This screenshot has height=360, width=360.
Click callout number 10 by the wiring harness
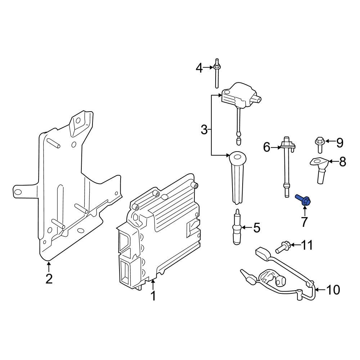(333, 289)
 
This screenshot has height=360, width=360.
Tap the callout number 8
(342, 162)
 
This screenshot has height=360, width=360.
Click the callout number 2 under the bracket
(49, 278)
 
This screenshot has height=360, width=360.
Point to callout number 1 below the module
(153, 296)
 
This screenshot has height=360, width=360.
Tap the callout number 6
(267, 147)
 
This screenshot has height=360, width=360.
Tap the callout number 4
(199, 67)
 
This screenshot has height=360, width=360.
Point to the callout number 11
(307, 246)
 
